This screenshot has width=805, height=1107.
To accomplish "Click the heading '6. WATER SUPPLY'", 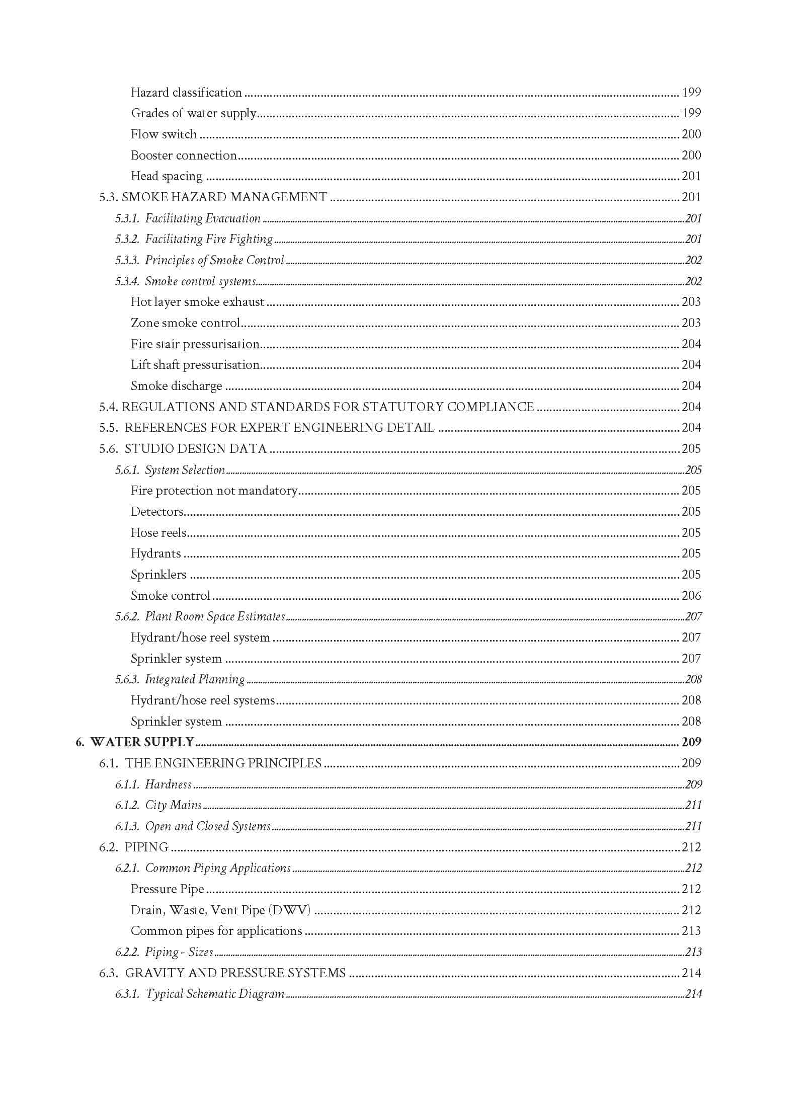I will coord(135,742).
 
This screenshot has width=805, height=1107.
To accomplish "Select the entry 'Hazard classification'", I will coord(186,92).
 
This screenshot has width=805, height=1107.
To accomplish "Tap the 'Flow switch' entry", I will coord(164,134).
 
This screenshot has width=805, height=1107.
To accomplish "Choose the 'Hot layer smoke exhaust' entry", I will coord(197,302).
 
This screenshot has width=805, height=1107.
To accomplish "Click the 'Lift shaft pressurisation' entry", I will coord(195,365).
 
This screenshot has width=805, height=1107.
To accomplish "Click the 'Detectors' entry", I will coord(157,511).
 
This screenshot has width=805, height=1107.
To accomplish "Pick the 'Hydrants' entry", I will coord(155,553).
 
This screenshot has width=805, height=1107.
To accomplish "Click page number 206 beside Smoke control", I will coord(691,595).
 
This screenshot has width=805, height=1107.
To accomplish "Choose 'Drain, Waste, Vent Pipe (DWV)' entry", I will coord(220,910).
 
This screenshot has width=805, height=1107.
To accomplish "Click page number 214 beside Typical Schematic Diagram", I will coord(693,994).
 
